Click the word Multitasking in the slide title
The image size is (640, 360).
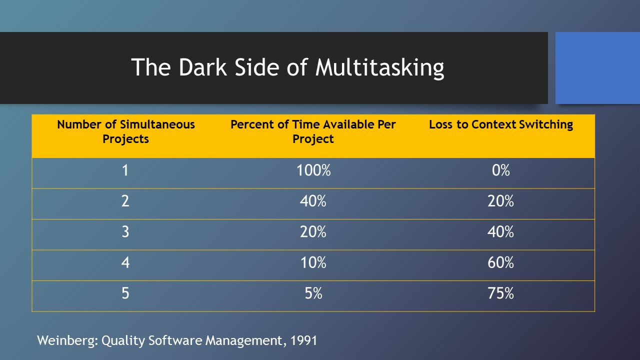(x=379, y=68)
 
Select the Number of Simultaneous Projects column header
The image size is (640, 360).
(x=125, y=131)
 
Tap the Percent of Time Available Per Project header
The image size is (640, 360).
(x=313, y=131)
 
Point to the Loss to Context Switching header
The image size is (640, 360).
(x=500, y=125)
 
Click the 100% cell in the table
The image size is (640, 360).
(x=313, y=170)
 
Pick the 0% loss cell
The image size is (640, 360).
(x=500, y=170)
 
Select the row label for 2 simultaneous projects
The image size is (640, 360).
(x=125, y=201)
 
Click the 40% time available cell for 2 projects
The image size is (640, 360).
(x=313, y=201)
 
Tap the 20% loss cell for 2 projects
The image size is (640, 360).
(x=500, y=201)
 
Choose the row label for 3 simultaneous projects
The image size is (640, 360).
(x=125, y=232)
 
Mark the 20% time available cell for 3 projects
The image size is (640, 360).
(x=313, y=232)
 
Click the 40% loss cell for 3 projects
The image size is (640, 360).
(x=500, y=232)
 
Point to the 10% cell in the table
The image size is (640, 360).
(x=313, y=262)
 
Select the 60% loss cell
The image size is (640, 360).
(x=500, y=262)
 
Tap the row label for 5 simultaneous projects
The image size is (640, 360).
(x=125, y=293)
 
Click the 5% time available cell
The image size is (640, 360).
(x=313, y=293)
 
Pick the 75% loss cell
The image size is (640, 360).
(x=500, y=293)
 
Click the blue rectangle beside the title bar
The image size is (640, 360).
(x=597, y=68)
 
